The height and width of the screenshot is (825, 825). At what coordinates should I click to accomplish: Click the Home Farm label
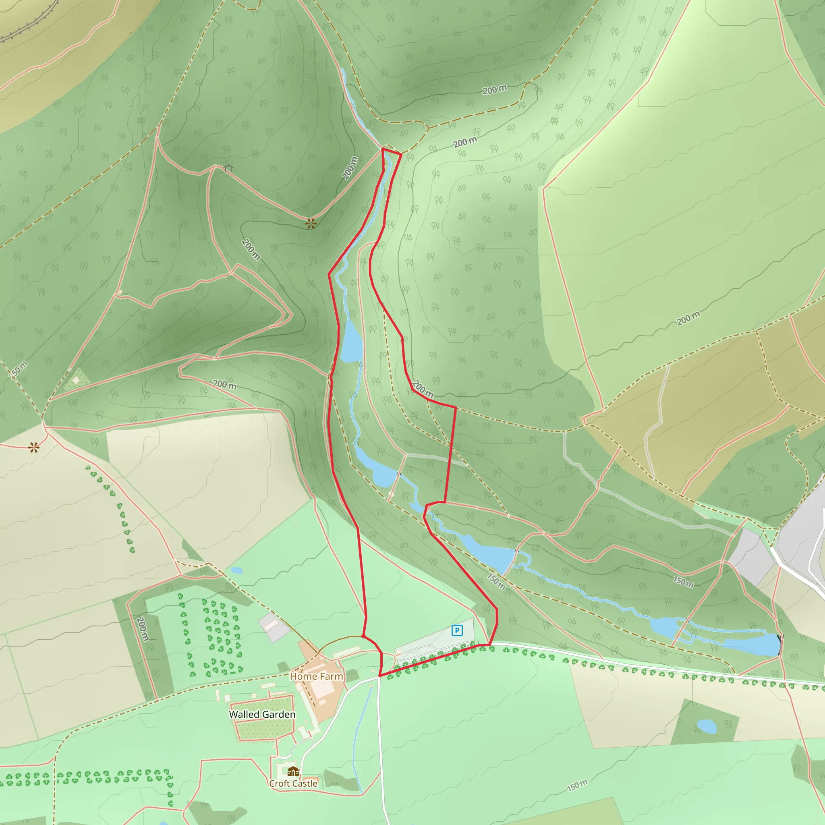point(316,676)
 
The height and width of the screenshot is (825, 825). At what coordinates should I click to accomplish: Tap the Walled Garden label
point(262,714)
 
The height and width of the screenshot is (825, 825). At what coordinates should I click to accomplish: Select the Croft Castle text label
point(293,784)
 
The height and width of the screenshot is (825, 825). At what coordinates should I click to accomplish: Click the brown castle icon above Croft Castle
point(293,771)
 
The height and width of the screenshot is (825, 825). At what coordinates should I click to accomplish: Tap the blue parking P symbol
point(457,630)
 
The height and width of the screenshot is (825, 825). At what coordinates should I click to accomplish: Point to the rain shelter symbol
point(228,166)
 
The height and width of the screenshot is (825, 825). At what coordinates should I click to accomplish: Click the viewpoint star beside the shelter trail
point(311,223)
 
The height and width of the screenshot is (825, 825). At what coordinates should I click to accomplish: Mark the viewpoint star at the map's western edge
point(34,448)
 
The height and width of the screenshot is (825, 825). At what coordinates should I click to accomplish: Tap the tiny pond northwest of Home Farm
point(236,570)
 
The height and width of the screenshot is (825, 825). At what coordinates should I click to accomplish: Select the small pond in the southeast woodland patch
point(706,726)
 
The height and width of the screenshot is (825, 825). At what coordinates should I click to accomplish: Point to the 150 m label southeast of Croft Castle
point(577,785)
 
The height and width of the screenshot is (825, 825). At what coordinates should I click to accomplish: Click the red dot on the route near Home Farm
point(363,636)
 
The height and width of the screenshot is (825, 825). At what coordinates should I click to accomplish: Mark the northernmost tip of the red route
point(383,149)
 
